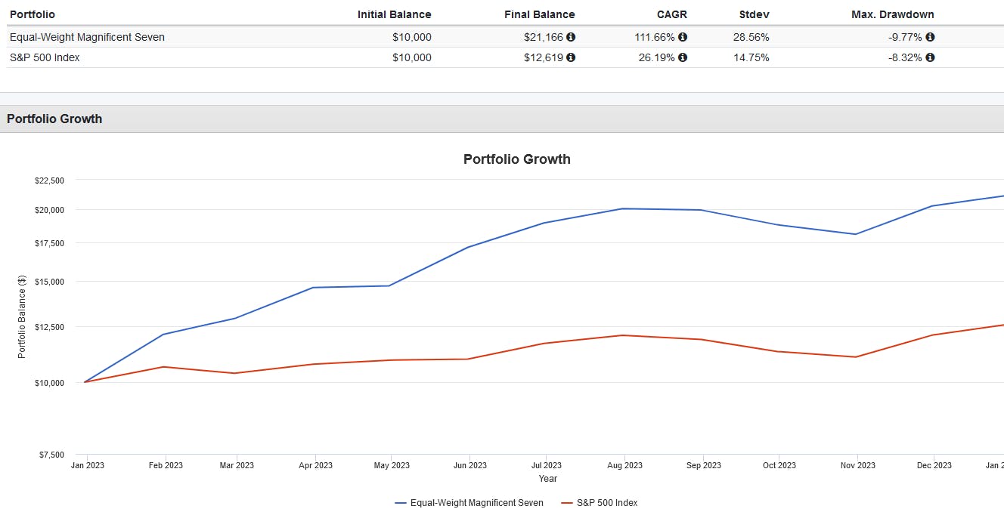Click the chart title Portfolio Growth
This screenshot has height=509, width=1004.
(516, 159)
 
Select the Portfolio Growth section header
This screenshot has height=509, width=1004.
(54, 119)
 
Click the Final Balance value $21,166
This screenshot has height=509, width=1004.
(544, 37)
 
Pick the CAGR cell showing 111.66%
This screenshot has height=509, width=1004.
(655, 37)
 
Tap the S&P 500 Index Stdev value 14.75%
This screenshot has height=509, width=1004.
(751, 57)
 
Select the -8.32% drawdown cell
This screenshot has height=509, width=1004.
(905, 57)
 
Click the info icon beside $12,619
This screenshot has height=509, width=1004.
(571, 57)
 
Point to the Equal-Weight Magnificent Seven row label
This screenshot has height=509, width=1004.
(87, 37)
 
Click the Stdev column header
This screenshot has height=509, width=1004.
(754, 14)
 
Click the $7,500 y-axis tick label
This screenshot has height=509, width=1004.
(51, 455)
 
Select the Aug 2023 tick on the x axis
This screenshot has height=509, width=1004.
(624, 465)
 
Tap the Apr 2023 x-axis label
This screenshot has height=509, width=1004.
(315, 465)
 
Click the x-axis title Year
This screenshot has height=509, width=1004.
(547, 479)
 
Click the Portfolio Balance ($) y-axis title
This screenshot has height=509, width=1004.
(22, 316)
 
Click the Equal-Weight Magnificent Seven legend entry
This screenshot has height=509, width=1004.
(469, 503)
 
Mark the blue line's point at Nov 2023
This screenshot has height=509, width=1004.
(855, 234)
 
